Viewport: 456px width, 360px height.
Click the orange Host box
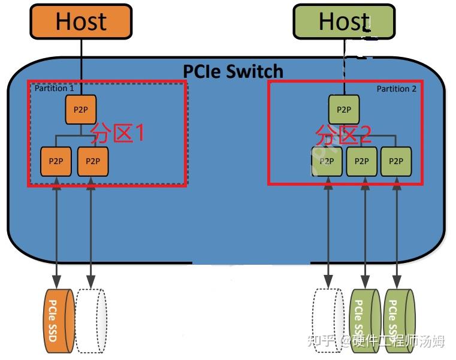click(x=81, y=22)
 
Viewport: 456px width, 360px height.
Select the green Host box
click(x=344, y=22)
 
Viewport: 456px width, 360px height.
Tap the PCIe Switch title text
click(x=232, y=71)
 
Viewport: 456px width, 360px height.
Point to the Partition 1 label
click(x=55, y=88)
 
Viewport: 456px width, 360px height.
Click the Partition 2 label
click(x=396, y=89)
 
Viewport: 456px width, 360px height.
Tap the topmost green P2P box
click(x=343, y=110)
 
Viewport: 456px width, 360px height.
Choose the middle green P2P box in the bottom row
click(x=361, y=161)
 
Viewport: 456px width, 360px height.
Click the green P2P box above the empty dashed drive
click(x=327, y=161)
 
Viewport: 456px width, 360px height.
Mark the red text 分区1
click(x=117, y=133)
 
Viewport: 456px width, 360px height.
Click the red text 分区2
click(x=343, y=134)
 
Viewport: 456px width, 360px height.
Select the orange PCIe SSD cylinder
click(x=58, y=320)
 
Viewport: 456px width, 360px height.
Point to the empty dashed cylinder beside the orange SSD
click(x=92, y=320)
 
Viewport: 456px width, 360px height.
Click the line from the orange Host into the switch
click(x=80, y=60)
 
